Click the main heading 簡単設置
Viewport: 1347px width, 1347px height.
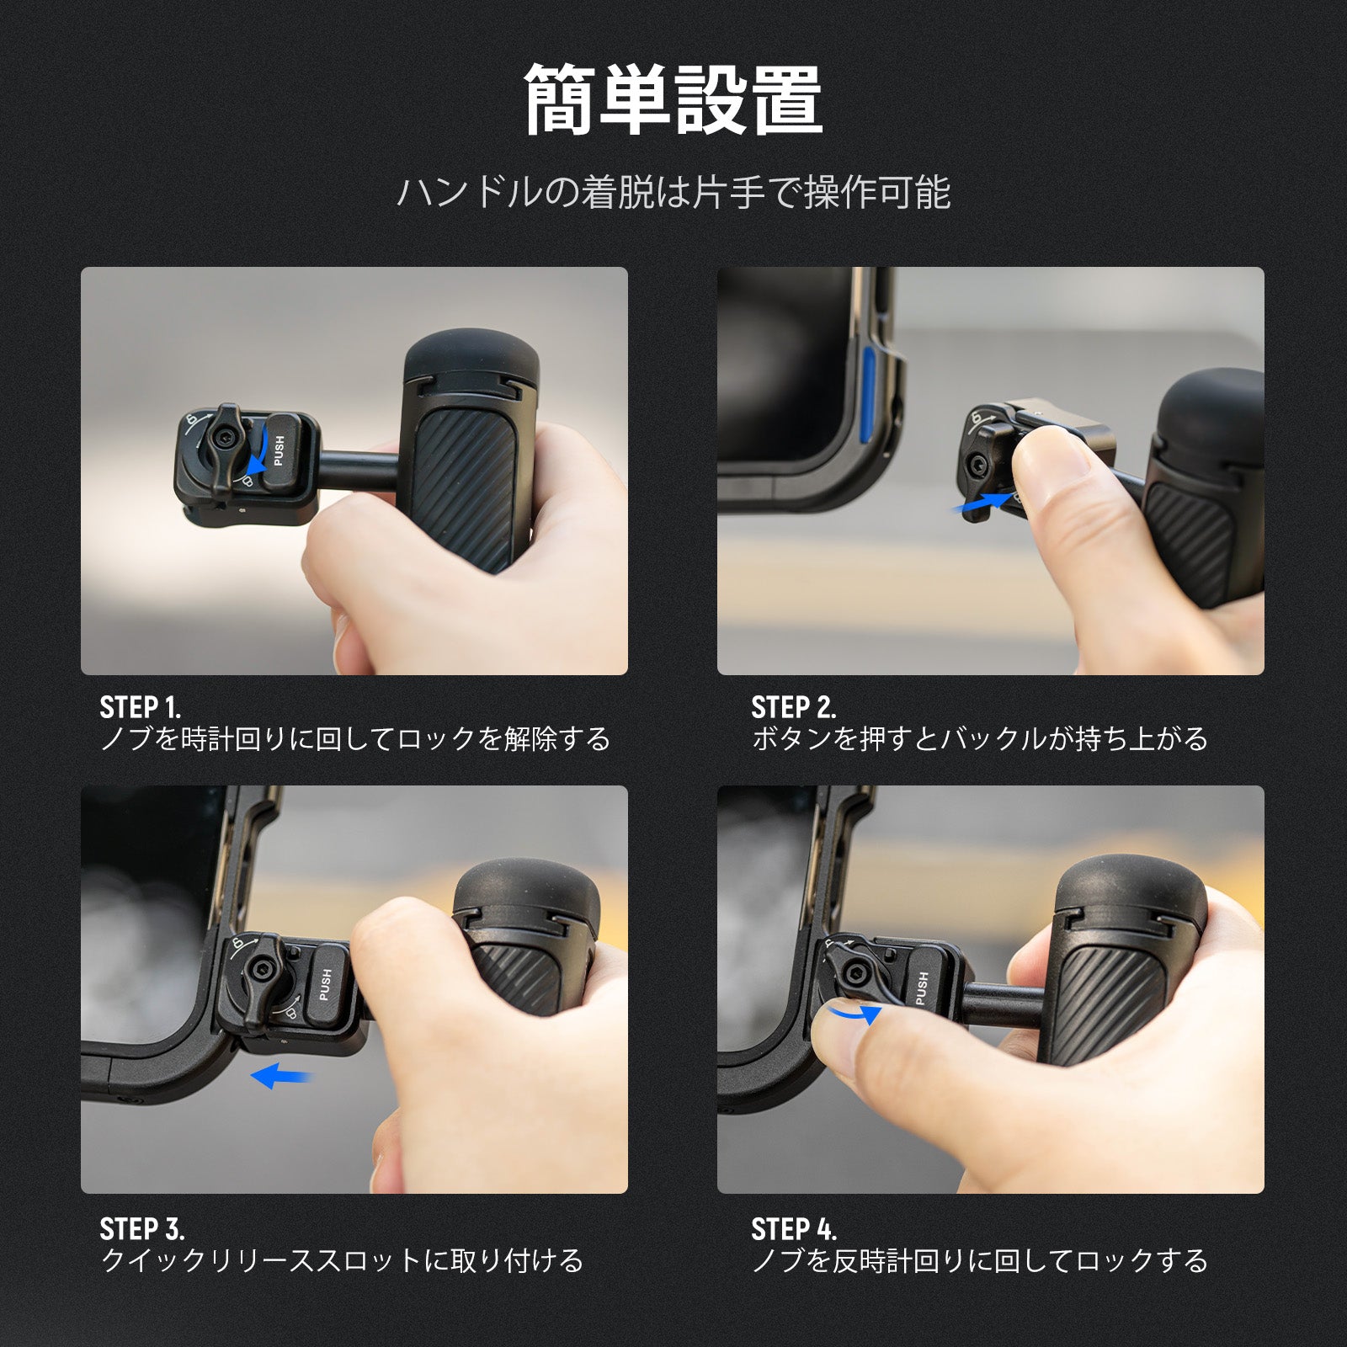point(673,100)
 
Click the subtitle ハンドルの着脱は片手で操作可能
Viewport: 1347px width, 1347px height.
point(673,193)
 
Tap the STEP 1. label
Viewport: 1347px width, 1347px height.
point(141,707)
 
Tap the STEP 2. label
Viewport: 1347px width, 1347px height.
point(794,707)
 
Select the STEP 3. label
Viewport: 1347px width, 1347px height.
point(142,1229)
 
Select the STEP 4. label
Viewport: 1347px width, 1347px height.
point(794,1229)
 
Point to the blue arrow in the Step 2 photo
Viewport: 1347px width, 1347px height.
point(982,503)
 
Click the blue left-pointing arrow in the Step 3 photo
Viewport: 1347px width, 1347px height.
point(280,1075)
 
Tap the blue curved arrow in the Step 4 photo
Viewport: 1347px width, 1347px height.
point(854,1014)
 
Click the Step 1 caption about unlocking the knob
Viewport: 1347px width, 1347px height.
point(354,740)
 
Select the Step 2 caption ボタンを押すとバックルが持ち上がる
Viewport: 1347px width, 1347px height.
point(979,740)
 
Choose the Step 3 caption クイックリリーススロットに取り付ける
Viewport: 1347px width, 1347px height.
point(342,1261)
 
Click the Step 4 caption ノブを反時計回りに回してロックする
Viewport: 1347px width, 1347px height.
point(979,1261)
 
